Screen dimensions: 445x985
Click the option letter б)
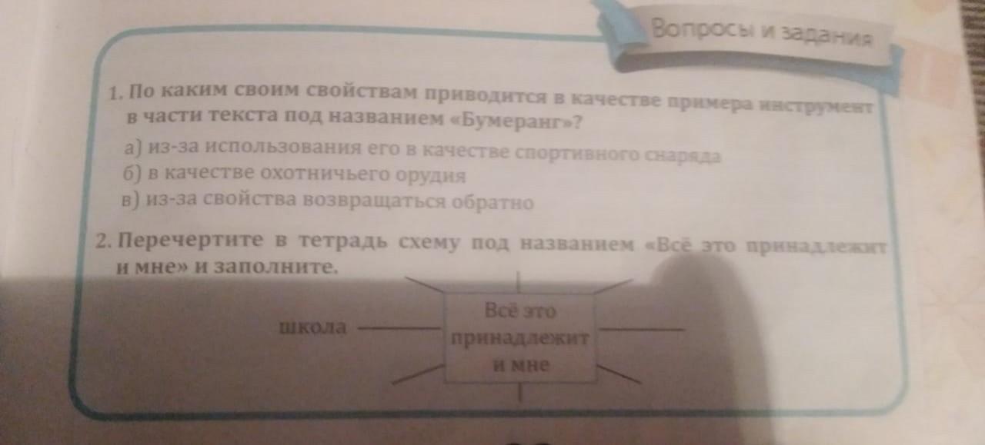[x=129, y=174]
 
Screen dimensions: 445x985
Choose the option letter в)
[x=131, y=201]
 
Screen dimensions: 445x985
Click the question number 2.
[x=105, y=242]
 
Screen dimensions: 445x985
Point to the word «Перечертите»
[x=192, y=241]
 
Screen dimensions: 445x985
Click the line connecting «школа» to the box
[x=400, y=328]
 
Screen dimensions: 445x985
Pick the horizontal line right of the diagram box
[x=641, y=330]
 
